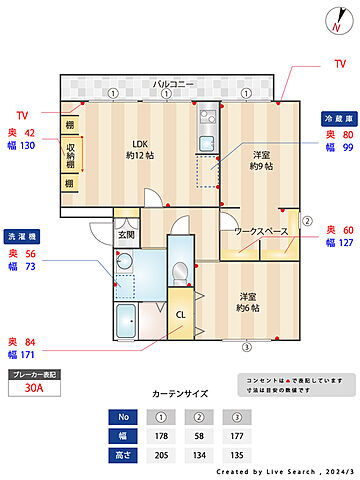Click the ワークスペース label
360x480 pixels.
tap(261, 232)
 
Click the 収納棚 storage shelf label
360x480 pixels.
tap(70, 155)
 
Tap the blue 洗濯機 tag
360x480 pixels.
tap(21, 237)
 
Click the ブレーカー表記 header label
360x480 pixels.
tap(33, 374)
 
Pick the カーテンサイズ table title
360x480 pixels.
tap(179, 395)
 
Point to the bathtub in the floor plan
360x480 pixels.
tap(129, 322)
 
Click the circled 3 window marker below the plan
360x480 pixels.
tap(246, 348)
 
